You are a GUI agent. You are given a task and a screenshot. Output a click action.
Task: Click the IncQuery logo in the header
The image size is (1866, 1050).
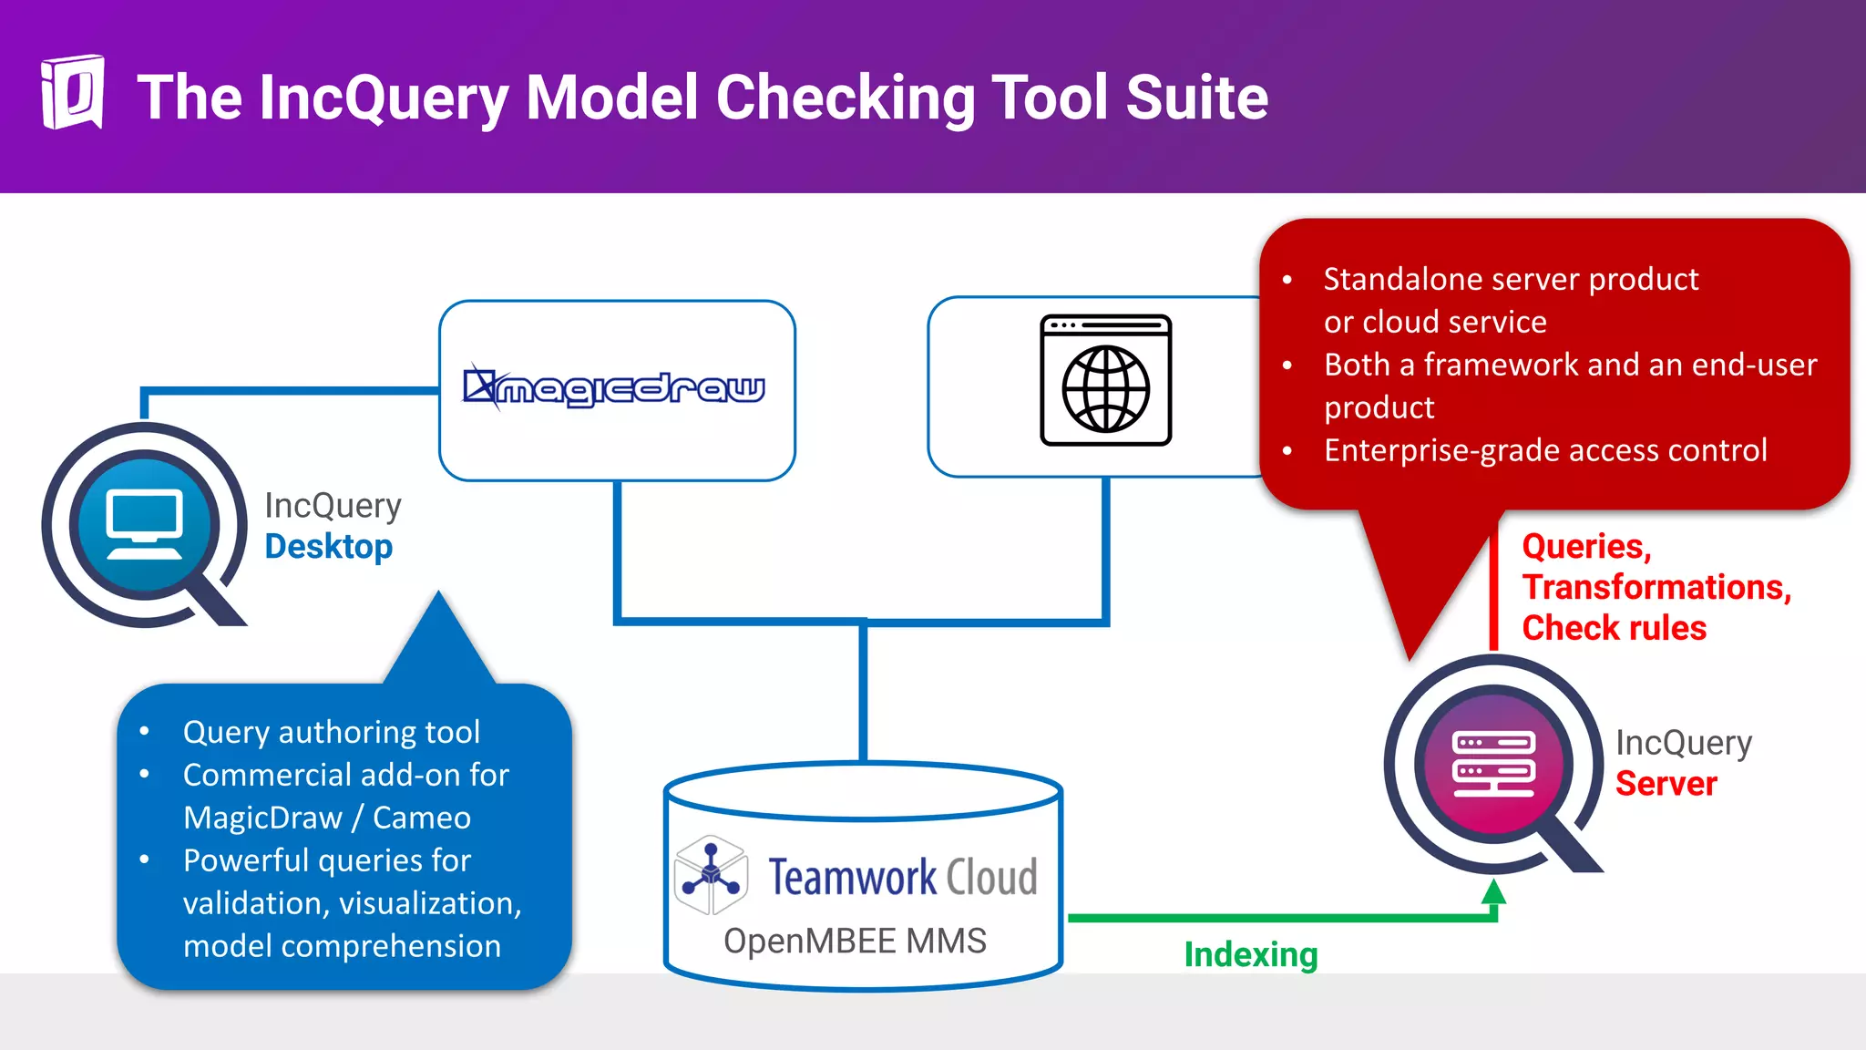pos(72,93)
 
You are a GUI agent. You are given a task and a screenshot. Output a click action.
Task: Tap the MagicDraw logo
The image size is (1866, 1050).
pos(615,388)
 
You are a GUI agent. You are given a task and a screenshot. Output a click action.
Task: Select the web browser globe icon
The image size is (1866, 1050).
pos(1105,381)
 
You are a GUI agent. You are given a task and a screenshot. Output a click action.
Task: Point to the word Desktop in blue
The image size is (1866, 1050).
pos(329,547)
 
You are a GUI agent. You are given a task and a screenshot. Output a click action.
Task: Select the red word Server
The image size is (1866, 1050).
pos(1666,784)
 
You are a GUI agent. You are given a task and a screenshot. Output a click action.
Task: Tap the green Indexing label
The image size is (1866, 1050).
pos(1250,955)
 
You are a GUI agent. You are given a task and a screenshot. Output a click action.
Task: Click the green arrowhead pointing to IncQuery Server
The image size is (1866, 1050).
pos(1493,891)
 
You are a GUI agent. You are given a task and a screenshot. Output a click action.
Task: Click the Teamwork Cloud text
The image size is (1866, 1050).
pos(902,877)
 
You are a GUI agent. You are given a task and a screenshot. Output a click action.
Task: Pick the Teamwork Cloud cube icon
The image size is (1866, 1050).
pos(712,875)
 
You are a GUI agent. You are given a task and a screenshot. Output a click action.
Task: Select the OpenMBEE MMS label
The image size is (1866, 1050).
pos(855,941)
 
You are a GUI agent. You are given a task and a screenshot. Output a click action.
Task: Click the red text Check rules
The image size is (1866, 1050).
pos(1614,628)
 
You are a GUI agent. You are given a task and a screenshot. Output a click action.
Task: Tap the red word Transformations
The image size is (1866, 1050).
pos(1656,587)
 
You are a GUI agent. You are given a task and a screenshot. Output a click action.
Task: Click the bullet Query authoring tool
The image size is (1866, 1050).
pos(331,732)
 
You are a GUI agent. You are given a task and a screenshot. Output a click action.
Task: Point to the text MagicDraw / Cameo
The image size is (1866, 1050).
pos(327,818)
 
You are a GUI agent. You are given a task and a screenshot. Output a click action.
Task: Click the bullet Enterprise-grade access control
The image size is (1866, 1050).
pos(1545,450)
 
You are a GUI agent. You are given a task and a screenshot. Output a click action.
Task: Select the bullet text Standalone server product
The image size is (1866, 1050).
pos(1511,279)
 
